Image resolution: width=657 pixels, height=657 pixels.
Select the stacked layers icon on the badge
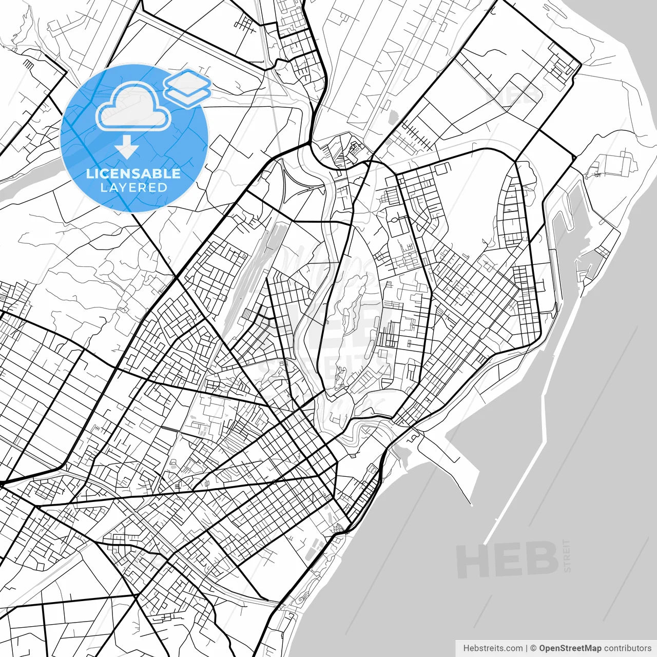tap(187, 87)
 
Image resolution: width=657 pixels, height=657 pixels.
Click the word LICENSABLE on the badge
tap(133, 173)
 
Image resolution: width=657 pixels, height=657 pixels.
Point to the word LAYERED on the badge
tap(133, 187)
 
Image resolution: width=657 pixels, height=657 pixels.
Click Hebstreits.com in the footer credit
tap(493, 648)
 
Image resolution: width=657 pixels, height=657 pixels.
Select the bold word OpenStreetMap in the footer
tap(570, 648)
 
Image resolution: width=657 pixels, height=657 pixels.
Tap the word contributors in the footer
tap(627, 648)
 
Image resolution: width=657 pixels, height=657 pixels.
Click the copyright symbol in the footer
tap(533, 648)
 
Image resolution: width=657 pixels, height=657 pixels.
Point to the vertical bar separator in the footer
tap(527, 648)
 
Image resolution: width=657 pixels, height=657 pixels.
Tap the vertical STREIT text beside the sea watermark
tap(567, 556)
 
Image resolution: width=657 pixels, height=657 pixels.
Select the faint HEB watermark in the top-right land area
tap(513, 95)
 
